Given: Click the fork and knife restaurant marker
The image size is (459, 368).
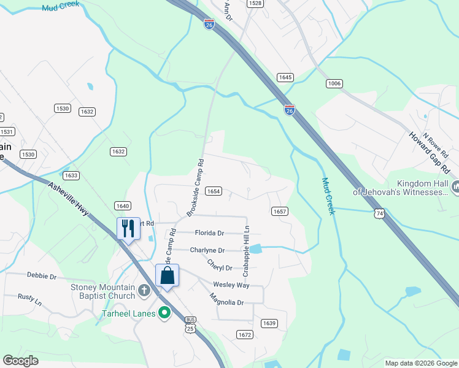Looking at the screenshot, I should (128, 228).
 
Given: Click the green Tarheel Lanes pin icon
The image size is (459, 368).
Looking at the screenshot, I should (164, 313).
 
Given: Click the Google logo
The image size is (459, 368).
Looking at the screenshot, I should (20, 361).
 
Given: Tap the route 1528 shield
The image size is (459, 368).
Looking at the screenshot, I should (255, 4).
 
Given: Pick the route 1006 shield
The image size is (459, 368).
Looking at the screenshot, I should (334, 83).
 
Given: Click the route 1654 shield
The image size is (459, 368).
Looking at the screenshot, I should (213, 191).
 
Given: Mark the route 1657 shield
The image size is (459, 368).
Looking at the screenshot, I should (279, 211).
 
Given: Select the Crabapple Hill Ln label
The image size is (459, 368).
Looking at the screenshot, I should (247, 249).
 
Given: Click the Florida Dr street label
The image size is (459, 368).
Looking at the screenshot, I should (209, 233).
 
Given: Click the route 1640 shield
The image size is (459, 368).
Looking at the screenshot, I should (122, 206).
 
